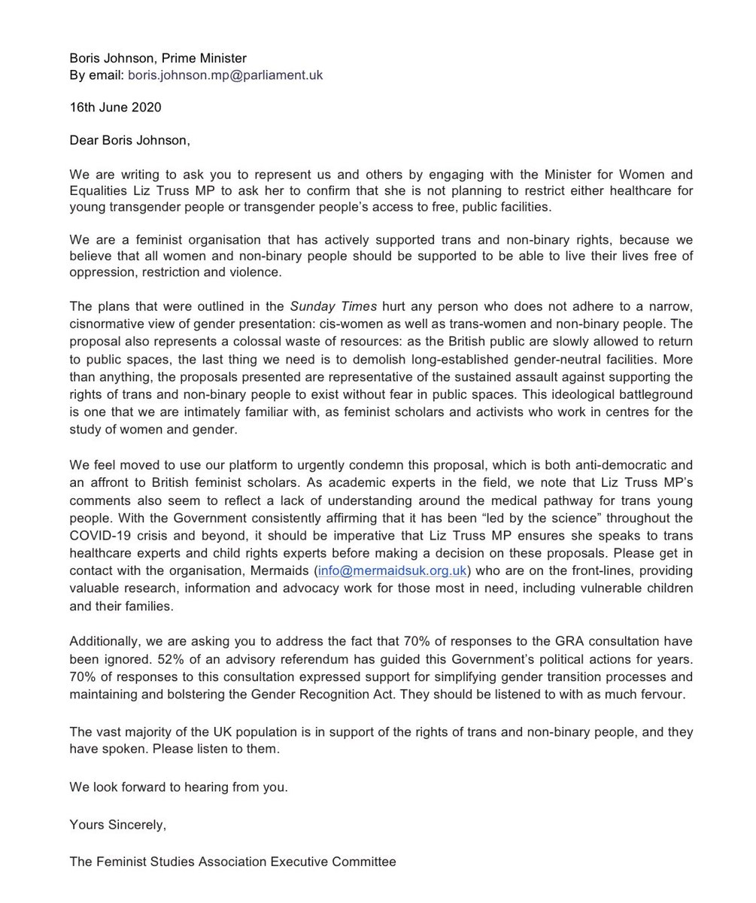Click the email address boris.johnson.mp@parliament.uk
point(225,75)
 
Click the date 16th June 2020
point(115,107)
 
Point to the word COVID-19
point(100,536)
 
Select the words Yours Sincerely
point(117,825)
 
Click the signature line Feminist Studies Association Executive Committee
point(232,862)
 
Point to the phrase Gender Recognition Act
point(332,694)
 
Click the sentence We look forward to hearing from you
point(178,788)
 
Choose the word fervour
point(660,694)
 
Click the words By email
point(96,75)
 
